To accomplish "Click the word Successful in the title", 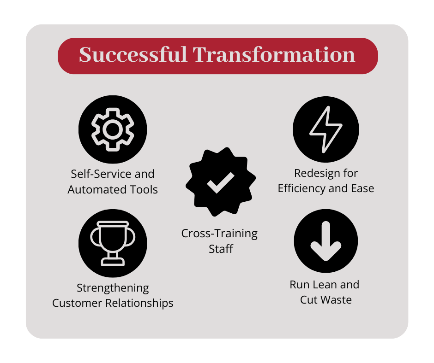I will coord(133,55).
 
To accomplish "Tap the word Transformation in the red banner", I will coord(274,55).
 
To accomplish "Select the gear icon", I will coord(113,129).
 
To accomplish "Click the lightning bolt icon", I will coord(326,129).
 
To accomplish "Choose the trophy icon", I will coord(113,243).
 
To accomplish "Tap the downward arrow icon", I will coord(326,240).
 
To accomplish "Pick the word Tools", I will coord(143,189).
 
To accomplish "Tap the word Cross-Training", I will coord(219,233).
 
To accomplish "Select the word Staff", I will coord(221,249).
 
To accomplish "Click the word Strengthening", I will coord(113,288).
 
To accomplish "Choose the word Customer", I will coord(79,303).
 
